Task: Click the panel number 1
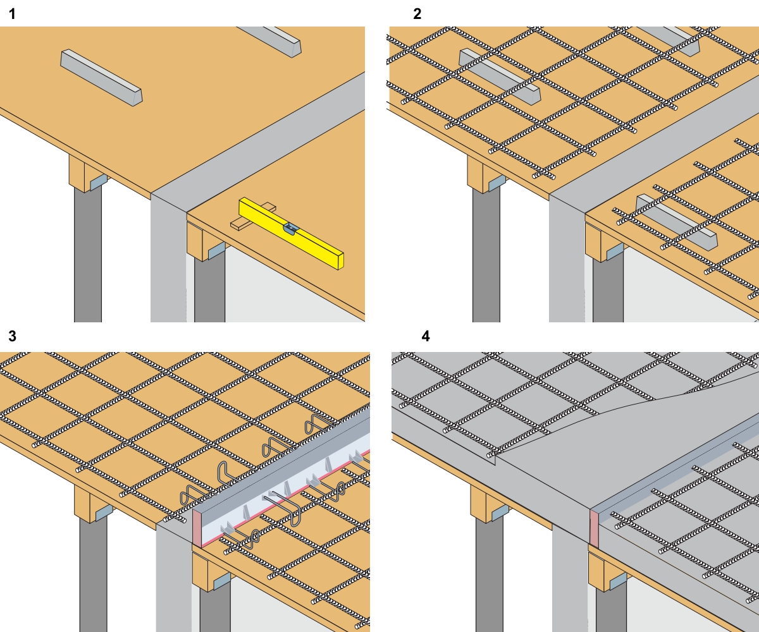(x=11, y=14)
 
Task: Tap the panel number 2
(x=417, y=14)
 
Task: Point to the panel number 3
(x=11, y=336)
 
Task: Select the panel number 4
(x=426, y=336)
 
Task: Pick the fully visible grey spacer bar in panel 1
(x=101, y=77)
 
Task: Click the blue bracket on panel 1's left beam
(x=98, y=182)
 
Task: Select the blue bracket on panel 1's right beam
(x=216, y=250)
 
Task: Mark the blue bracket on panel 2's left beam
(x=497, y=183)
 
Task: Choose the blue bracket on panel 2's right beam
(x=614, y=252)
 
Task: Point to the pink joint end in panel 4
(x=593, y=528)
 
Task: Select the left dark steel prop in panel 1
(x=87, y=253)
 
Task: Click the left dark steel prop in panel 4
(x=490, y=575)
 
